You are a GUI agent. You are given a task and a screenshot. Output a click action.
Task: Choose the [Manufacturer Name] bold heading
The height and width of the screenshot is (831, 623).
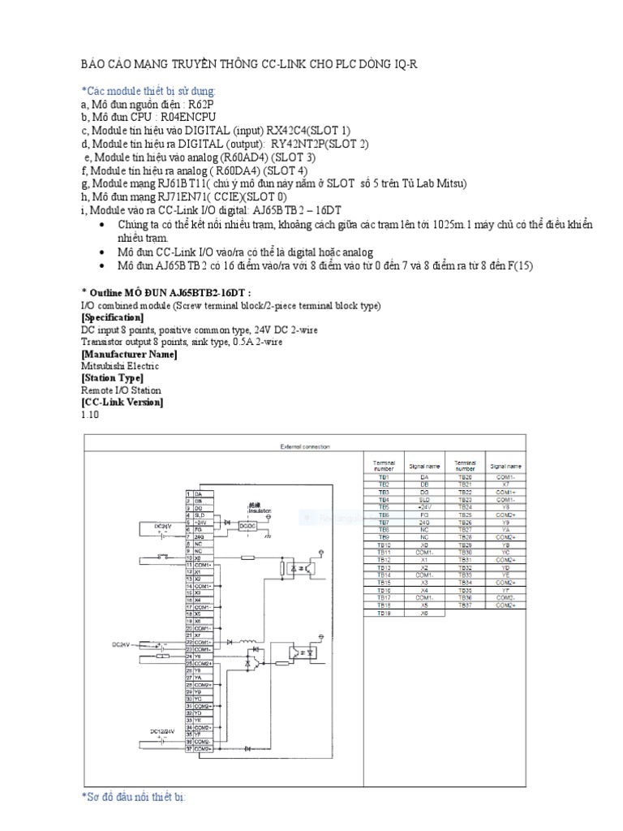129,354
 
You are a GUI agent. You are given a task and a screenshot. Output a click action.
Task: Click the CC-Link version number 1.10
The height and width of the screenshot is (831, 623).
89,414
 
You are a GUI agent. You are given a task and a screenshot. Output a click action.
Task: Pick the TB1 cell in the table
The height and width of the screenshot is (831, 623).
384,478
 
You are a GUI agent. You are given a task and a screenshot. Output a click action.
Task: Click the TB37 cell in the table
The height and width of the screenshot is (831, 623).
466,605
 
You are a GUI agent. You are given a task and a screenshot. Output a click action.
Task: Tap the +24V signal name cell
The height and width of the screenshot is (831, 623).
423,507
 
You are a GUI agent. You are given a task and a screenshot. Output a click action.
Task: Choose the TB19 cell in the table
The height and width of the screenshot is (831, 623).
384,613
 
